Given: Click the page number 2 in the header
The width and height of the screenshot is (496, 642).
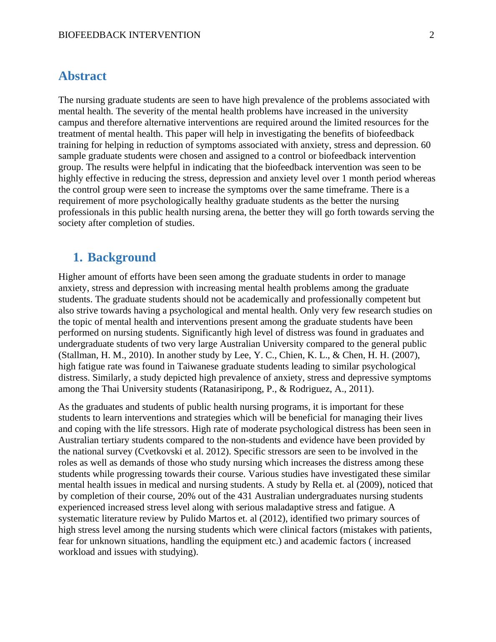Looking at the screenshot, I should [432, 35].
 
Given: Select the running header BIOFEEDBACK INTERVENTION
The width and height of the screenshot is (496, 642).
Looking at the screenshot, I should [129, 35].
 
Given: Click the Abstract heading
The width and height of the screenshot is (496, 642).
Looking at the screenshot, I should [82, 76].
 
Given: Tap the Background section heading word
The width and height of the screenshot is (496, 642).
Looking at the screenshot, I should [121, 257].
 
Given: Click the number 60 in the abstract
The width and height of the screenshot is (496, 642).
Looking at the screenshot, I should [426, 145].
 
